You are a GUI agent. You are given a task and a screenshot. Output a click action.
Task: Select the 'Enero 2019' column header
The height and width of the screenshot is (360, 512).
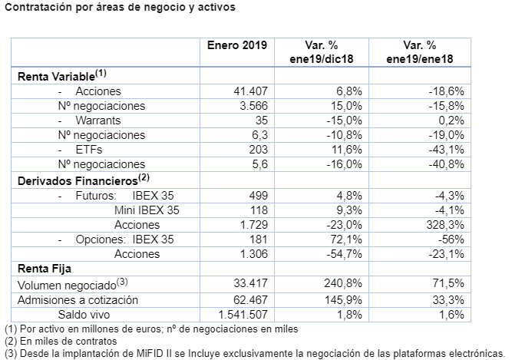pyautogui.click(x=237, y=45)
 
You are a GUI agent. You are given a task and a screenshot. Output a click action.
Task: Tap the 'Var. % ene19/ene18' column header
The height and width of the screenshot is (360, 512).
pyautogui.click(x=419, y=51)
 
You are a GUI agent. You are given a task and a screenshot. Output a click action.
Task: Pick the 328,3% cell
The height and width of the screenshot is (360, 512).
pyautogui.click(x=448, y=225)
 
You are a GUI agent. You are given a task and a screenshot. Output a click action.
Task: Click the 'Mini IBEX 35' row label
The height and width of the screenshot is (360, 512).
pyautogui.click(x=147, y=210)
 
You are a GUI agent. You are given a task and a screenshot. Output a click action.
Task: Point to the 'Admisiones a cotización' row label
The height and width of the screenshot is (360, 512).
pyautogui.click(x=78, y=299)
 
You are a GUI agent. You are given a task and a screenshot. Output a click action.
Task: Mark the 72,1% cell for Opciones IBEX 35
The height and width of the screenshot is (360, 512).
pyautogui.click(x=346, y=239)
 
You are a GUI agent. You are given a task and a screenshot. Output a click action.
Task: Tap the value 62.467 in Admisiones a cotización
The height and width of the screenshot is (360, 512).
pyautogui.click(x=250, y=299)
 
